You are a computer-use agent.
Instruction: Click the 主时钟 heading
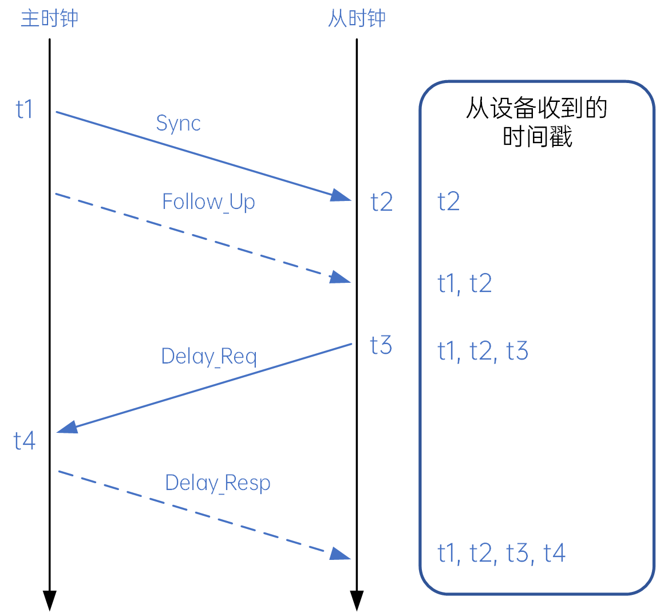point(49,18)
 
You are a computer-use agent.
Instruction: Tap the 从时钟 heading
point(357,18)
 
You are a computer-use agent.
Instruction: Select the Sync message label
point(178,124)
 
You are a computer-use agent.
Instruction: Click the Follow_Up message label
point(208,202)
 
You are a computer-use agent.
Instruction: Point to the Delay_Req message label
point(209,357)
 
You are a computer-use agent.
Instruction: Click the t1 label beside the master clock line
point(24,109)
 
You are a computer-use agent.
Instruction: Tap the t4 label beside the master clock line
point(24,440)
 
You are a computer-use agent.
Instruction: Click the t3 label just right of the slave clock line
point(381,345)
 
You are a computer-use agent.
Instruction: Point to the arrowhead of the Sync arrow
point(342,196)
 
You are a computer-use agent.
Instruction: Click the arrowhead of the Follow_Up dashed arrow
point(341,278)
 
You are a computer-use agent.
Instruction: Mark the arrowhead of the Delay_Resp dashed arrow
point(341,554)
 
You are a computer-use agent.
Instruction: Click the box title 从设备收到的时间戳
point(537,122)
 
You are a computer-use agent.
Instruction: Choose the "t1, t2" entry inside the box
point(464,283)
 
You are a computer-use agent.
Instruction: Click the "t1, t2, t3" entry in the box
point(483,350)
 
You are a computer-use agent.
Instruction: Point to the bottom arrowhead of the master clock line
point(49,601)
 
